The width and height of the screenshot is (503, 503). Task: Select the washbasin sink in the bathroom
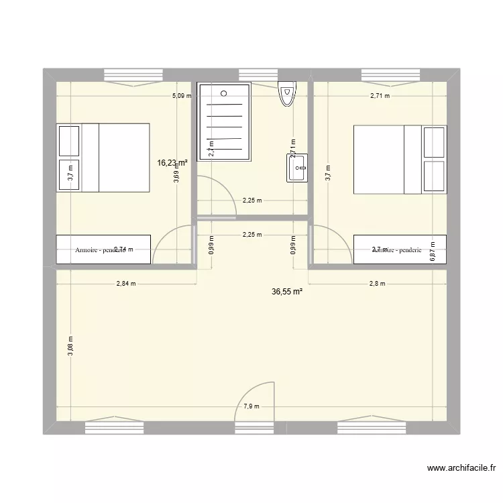tap(297, 168)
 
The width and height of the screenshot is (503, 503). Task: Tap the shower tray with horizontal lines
tap(224, 121)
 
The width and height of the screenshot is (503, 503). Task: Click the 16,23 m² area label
tap(172, 162)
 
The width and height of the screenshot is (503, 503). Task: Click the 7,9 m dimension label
tap(251, 406)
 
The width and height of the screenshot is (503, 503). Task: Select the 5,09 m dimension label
tap(182, 96)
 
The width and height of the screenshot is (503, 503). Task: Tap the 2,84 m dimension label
tap(126, 284)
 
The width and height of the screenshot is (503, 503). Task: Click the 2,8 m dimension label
tap(378, 284)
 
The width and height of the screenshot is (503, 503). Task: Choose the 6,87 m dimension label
tap(433, 251)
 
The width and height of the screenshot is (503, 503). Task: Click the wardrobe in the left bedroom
tap(103, 249)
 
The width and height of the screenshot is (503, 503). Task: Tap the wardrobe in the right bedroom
tap(399, 249)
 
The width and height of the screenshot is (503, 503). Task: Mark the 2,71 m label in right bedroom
tap(380, 96)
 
